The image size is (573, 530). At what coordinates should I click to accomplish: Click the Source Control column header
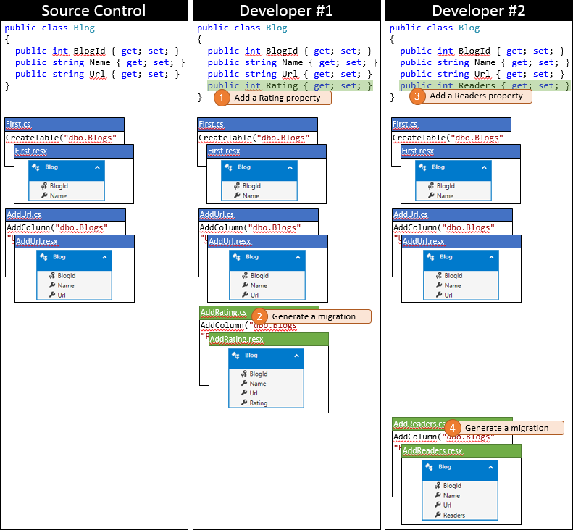tap(94, 11)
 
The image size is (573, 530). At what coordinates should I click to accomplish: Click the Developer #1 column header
tap(286, 11)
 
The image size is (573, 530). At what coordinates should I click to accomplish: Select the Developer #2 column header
tap(478, 11)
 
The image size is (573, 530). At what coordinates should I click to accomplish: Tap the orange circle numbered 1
tap(221, 98)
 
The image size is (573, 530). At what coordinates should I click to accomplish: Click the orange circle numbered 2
tap(259, 316)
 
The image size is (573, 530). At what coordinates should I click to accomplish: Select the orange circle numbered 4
tap(453, 428)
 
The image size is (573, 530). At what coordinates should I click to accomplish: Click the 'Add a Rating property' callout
tap(279, 98)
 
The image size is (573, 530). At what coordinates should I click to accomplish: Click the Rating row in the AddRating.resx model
tap(259, 403)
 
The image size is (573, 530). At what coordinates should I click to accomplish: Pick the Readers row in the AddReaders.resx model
tap(454, 516)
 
